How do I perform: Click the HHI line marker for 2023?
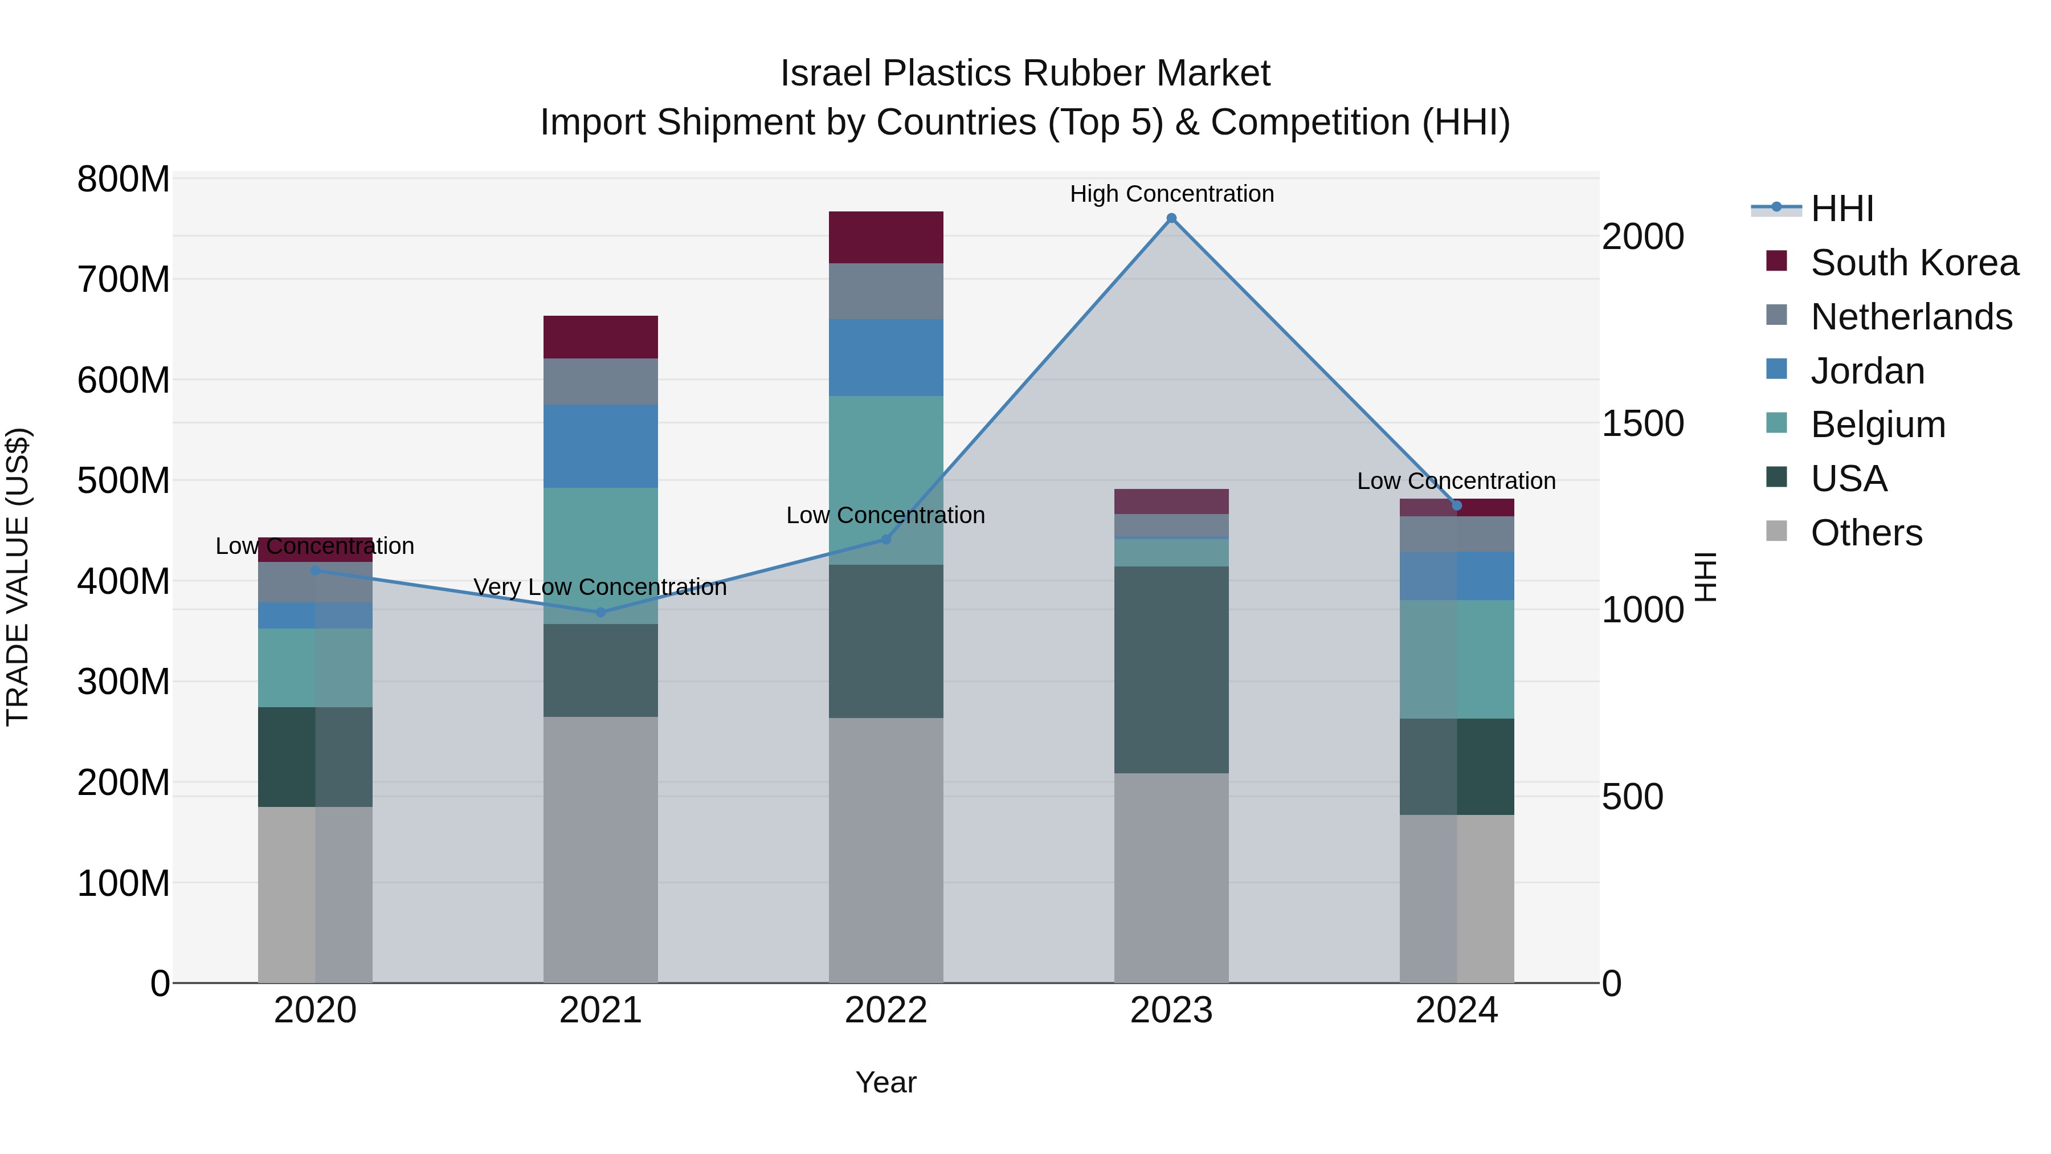coord(1171,218)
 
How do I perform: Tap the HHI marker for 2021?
coord(600,613)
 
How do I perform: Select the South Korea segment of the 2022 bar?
coord(885,237)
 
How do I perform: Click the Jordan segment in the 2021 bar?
coord(600,446)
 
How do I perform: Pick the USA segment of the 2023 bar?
coord(1171,669)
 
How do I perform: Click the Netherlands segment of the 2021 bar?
coord(600,381)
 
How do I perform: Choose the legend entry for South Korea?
coord(1914,263)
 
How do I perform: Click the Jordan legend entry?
coord(1867,371)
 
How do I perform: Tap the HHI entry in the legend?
coord(1841,209)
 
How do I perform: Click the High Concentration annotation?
coord(1171,194)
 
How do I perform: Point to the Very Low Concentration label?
coord(600,587)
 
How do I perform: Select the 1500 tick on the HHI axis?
coord(1642,423)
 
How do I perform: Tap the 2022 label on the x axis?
coord(885,1010)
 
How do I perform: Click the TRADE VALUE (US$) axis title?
coord(18,577)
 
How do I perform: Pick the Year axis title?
coord(885,1082)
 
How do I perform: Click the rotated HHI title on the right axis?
coord(1705,577)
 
